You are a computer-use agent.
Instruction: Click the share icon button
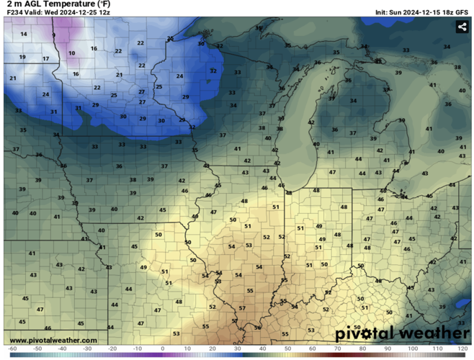point(462,27)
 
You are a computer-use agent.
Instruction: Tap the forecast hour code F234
point(14,13)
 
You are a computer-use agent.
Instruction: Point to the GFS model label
point(460,13)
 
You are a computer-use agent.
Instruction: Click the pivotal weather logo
point(402,333)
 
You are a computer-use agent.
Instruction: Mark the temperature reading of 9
point(53,35)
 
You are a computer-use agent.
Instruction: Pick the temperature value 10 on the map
point(71,53)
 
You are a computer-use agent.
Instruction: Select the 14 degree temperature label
point(24,35)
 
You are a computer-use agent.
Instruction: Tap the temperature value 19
point(22,57)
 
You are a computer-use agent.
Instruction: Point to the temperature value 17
point(45,59)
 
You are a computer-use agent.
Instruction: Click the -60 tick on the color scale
point(12,348)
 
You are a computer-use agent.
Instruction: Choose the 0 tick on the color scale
point(162,348)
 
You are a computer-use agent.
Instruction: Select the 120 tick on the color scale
point(462,348)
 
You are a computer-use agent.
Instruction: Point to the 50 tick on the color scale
point(287,348)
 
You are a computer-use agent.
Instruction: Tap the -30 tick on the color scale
point(87,348)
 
